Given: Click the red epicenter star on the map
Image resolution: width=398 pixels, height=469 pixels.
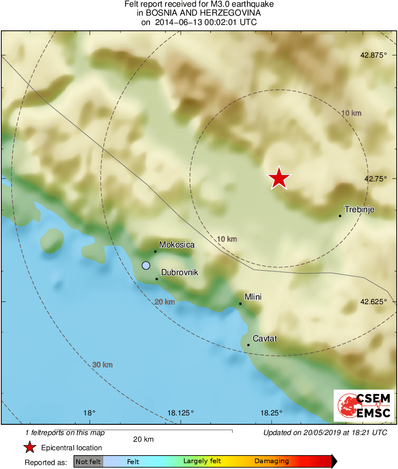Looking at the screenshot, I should [279, 178].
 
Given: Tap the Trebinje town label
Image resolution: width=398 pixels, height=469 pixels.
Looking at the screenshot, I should [359, 209].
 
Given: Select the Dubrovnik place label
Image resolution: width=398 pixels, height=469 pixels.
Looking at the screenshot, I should [179, 272].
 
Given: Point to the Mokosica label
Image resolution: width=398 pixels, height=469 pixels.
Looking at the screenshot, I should [177, 245].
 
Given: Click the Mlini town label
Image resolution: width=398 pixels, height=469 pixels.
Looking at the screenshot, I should [253, 297].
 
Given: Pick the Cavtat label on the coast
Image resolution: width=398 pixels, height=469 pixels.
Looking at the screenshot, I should [265, 339].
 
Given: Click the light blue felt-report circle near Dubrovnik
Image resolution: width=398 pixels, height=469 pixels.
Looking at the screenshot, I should [146, 265].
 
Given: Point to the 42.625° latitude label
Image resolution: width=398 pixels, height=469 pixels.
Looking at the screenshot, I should [373, 301].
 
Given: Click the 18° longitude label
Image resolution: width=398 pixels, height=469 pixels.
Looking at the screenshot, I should [89, 413].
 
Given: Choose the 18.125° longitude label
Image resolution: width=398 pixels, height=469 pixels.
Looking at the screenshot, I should [181, 413].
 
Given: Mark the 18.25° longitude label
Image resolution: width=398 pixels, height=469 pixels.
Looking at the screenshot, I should [271, 413].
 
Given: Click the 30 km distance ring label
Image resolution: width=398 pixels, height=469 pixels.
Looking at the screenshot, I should [102, 365].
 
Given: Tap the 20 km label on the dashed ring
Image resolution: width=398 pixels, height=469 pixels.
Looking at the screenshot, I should [165, 302].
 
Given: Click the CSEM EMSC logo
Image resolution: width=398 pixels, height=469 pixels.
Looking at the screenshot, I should [364, 406].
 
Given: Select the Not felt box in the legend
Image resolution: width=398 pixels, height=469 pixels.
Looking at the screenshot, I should [89, 461].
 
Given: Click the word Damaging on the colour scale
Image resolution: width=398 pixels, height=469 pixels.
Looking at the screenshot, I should [272, 461].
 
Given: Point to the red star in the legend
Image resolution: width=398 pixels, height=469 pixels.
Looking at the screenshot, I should [30, 447].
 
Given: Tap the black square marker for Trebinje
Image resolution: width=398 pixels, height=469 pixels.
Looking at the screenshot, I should [340, 216].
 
